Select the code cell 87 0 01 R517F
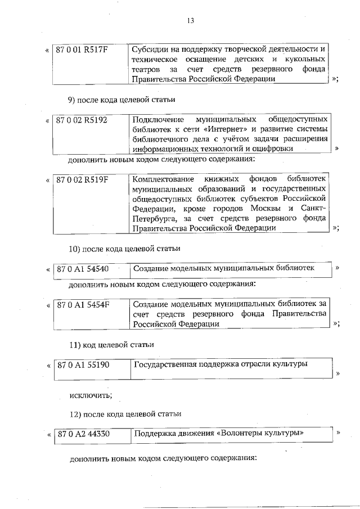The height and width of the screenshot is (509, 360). [82, 49]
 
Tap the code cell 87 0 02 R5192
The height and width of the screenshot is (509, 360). [82, 120]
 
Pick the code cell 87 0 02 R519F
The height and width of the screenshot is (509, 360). [82, 180]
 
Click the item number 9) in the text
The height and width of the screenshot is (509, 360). [73, 100]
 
